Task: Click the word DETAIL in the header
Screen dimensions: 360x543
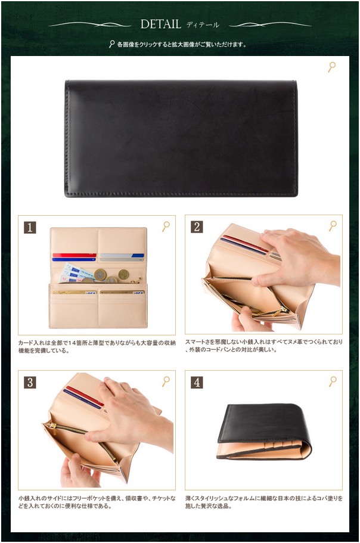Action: pyautogui.click(x=160, y=24)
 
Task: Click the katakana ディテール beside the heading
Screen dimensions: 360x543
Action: pyautogui.click(x=203, y=24)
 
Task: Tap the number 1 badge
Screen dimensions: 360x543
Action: pyautogui.click(x=30, y=228)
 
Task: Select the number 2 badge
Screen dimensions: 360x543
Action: pyautogui.click(x=197, y=227)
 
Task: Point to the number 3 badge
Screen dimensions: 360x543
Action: pyautogui.click(x=30, y=382)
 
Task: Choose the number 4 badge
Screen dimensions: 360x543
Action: pyautogui.click(x=197, y=382)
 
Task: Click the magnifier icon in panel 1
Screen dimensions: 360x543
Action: pyautogui.click(x=166, y=226)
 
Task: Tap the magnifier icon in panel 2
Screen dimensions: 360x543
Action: pyautogui.click(x=333, y=226)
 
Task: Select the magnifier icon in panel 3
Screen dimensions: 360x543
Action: pyautogui.click(x=166, y=381)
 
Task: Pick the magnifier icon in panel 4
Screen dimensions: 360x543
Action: pyautogui.click(x=333, y=381)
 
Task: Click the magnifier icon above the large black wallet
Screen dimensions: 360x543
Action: pyautogui.click(x=332, y=67)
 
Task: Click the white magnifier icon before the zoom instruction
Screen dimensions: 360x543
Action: pyautogui.click(x=111, y=44)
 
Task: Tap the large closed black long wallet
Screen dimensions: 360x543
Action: pyautogui.click(x=181, y=138)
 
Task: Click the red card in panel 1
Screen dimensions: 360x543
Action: pyautogui.click(x=75, y=255)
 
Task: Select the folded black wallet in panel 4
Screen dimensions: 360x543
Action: pyautogui.click(x=264, y=432)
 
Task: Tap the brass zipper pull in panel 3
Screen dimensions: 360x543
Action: pyautogui.click(x=52, y=426)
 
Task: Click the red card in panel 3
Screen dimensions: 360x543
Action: pyautogui.click(x=85, y=396)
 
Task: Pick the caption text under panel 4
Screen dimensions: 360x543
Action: pyautogui.click(x=264, y=502)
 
